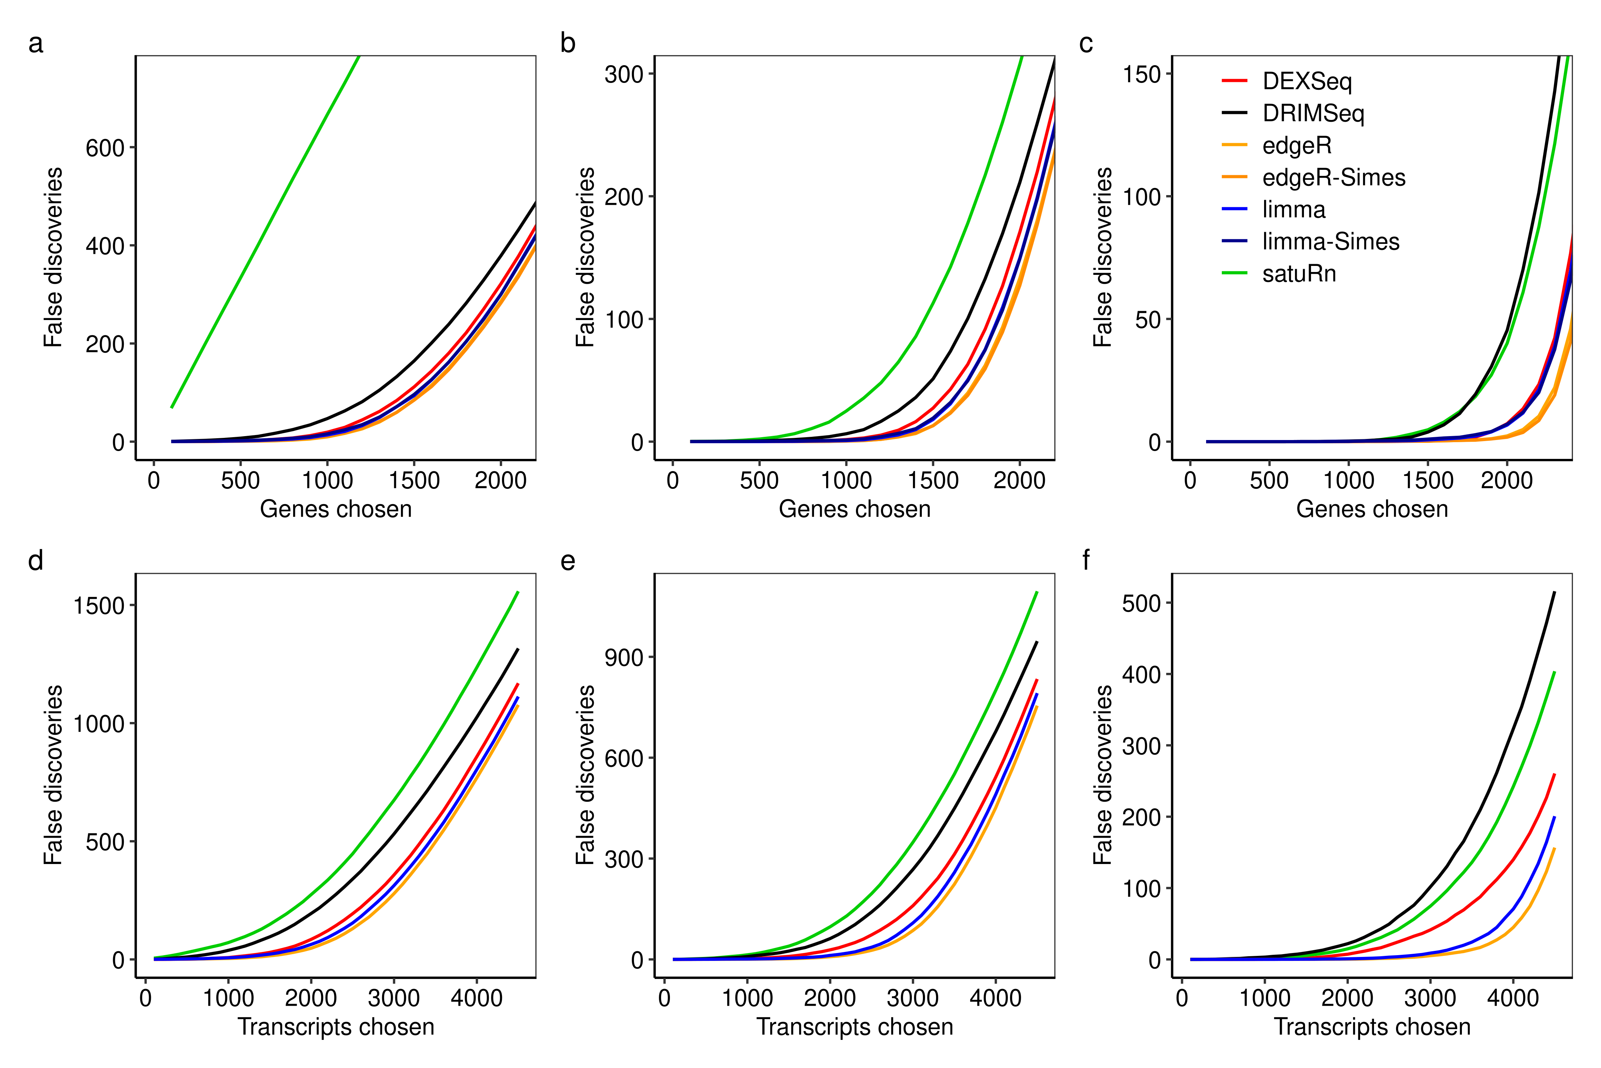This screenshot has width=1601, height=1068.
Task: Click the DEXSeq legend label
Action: (x=1306, y=81)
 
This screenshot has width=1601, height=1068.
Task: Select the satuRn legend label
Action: (x=1299, y=274)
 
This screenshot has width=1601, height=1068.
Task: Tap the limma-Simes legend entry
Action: (x=1330, y=242)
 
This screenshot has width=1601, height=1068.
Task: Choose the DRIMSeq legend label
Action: (x=1313, y=113)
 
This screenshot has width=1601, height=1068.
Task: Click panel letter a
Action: (x=35, y=43)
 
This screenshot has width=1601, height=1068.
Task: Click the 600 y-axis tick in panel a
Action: (x=105, y=148)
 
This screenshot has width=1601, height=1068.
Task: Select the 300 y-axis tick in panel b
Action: (x=624, y=74)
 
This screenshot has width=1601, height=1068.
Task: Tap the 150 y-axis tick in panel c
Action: (x=1142, y=74)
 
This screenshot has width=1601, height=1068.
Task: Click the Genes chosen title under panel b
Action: (x=854, y=509)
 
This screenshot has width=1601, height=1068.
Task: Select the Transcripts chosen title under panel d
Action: (x=335, y=1026)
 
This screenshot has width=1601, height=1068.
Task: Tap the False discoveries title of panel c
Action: (x=1102, y=257)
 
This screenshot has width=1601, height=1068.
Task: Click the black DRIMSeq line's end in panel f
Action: (x=1554, y=593)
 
